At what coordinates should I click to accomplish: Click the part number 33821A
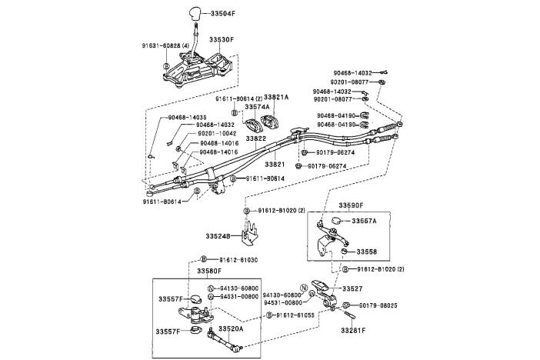[276, 98]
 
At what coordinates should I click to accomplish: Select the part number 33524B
[218, 236]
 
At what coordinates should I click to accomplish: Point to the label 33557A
[365, 221]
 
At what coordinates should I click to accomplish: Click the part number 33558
[365, 252]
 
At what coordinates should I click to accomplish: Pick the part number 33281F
[353, 331]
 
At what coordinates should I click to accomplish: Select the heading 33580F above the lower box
[208, 272]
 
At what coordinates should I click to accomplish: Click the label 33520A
[231, 328]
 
